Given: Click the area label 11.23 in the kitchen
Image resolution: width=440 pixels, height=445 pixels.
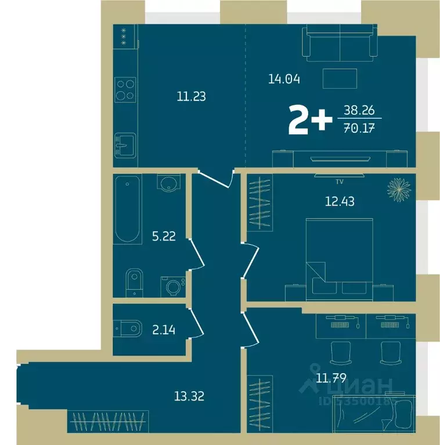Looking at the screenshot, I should [191, 97].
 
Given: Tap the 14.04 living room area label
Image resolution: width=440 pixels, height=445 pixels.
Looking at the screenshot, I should [283, 79].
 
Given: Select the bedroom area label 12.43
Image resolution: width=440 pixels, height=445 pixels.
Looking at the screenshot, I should [340, 202].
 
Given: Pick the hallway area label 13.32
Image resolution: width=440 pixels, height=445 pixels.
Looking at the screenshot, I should [189, 396].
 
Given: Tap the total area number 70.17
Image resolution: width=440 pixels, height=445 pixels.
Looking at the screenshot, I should [358, 129].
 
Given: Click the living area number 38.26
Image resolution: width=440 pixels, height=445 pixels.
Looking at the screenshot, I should [358, 108].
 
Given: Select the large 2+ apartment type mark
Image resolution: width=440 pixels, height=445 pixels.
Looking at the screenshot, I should [307, 120].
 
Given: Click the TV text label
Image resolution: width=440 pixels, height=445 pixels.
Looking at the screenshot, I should [340, 181].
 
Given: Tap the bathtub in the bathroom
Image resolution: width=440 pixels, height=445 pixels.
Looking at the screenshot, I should [127, 209].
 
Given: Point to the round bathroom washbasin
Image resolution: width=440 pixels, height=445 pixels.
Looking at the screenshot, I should [169, 184].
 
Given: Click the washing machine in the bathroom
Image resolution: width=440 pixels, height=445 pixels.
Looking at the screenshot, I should [173, 285].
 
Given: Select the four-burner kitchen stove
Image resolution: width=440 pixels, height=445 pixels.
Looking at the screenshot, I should [125, 89].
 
